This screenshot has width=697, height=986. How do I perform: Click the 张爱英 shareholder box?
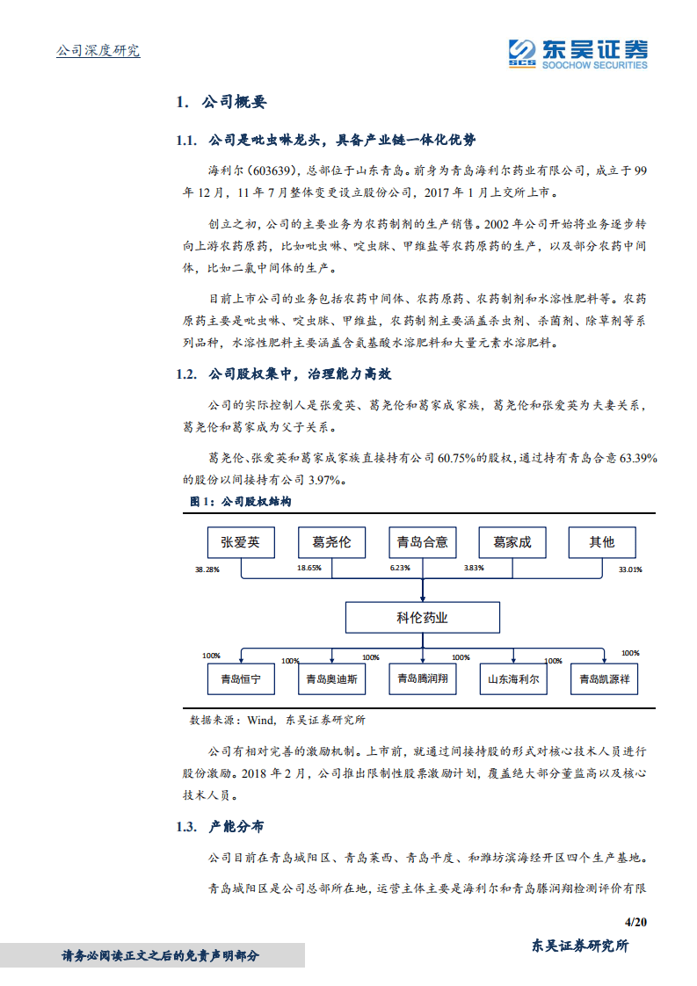coord(240,542)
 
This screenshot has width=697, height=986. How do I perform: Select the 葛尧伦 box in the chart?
coord(331,542)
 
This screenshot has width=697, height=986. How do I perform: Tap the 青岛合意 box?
coord(422,542)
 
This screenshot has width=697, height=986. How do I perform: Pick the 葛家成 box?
coord(512,542)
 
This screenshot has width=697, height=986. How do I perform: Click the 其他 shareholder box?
coord(602,542)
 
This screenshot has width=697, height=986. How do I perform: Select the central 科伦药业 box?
coord(422,618)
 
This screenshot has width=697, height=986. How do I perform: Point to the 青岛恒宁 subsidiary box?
coord(240,679)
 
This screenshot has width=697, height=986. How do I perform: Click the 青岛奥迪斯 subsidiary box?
coord(331,679)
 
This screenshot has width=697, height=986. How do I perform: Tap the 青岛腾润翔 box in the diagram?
coord(422,679)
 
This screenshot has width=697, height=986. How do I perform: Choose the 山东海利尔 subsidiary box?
coord(514,679)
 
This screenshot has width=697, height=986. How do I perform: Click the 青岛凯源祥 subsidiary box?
coord(604,679)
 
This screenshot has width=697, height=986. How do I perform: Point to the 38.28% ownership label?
coord(207,569)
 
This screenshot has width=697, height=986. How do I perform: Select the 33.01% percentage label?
coord(629,569)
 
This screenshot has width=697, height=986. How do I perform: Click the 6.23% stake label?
coord(400,569)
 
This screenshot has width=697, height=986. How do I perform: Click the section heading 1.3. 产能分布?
coord(219,827)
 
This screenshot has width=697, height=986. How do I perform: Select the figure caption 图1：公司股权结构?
coord(240,501)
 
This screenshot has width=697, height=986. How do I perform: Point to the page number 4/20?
coord(634,921)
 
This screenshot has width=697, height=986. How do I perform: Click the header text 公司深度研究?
coord(98,50)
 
